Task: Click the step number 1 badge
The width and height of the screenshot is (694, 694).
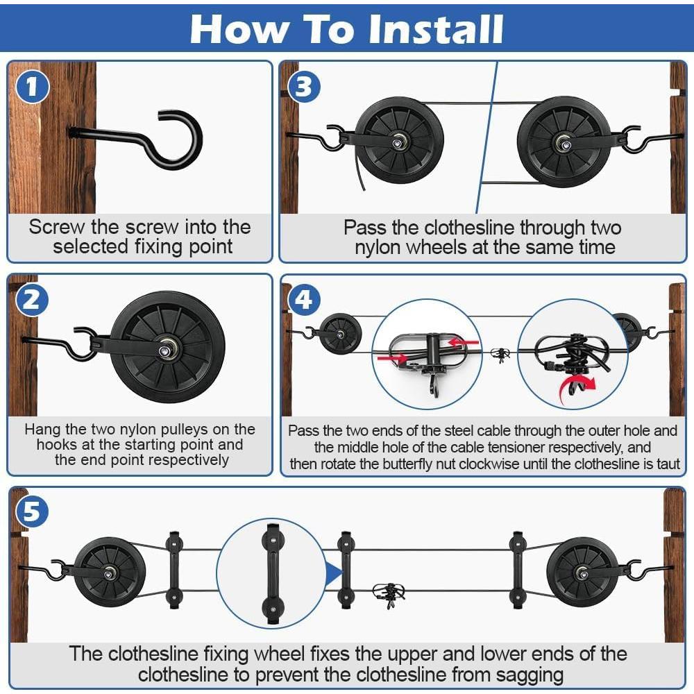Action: pyautogui.click(x=32, y=86)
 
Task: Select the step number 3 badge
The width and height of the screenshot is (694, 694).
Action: pyautogui.click(x=304, y=86)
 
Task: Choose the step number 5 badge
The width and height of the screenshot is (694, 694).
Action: pyautogui.click(x=32, y=513)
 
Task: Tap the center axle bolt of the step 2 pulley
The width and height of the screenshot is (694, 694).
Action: pyautogui.click(x=166, y=351)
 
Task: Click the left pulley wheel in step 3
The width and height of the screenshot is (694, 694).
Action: pyautogui.click(x=399, y=141)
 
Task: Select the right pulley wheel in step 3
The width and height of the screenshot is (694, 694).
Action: pyautogui.click(x=564, y=142)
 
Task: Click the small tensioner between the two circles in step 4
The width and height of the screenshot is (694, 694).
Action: pyautogui.click(x=500, y=354)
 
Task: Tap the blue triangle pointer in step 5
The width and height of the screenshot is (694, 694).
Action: pyautogui.click(x=335, y=573)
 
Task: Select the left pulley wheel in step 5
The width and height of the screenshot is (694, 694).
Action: pyautogui.click(x=109, y=573)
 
